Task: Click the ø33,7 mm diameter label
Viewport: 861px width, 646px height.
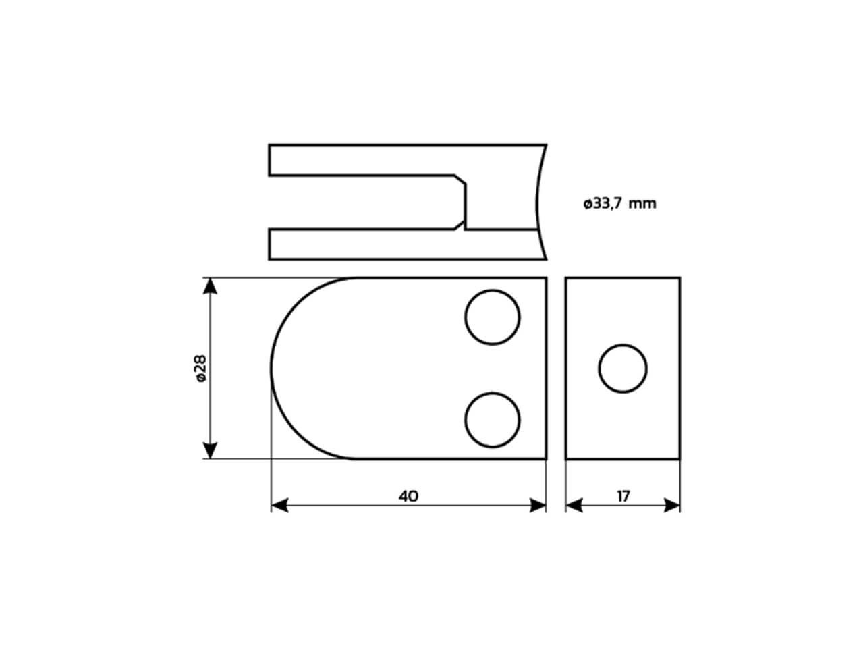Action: pyautogui.click(x=619, y=204)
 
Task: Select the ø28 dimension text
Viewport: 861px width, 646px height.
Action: pyautogui.click(x=201, y=369)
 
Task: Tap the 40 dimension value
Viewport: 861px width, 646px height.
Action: pyautogui.click(x=408, y=496)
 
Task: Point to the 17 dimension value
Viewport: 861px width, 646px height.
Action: pyautogui.click(x=623, y=496)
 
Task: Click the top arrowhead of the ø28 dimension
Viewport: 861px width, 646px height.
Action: pyautogui.click(x=210, y=285)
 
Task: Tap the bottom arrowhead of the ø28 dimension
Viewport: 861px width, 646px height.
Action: pyautogui.click(x=210, y=450)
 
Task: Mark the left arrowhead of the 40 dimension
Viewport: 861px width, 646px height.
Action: pyautogui.click(x=279, y=505)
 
